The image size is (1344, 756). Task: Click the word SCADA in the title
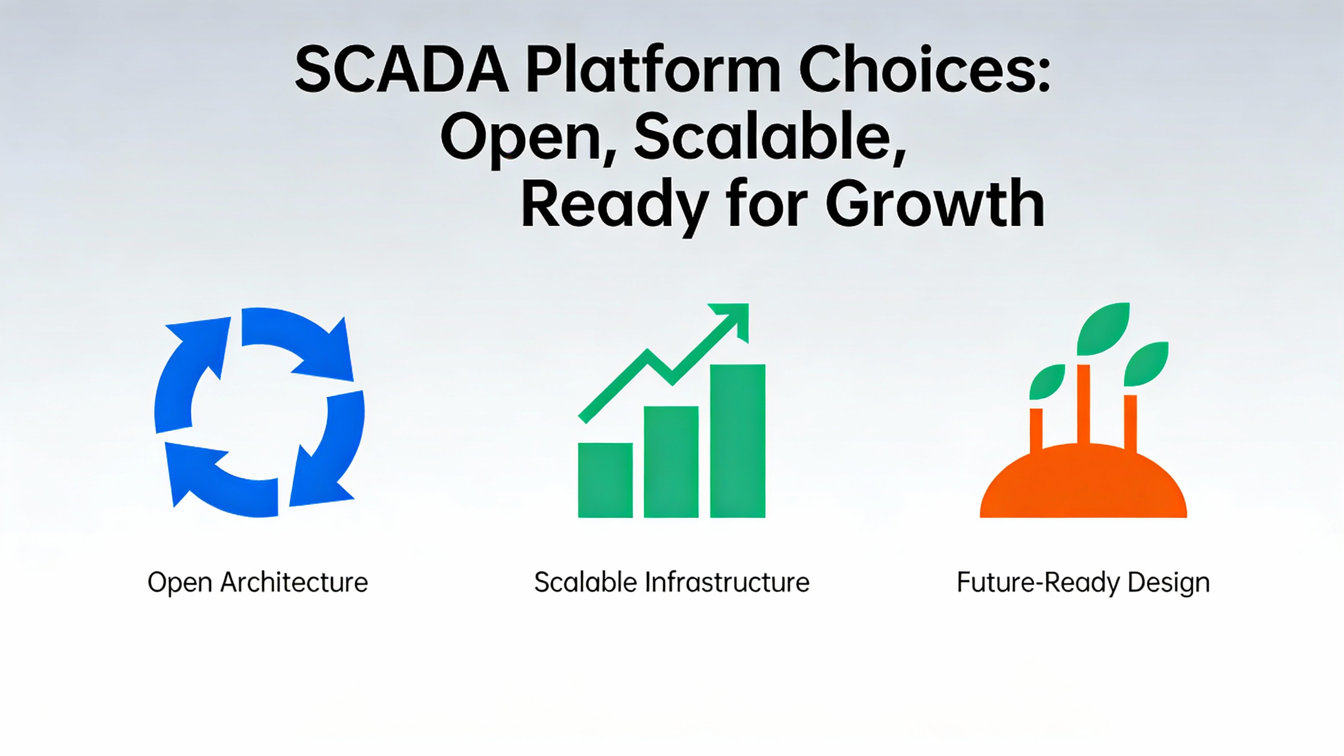point(402,69)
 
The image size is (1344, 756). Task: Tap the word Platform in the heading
point(653,69)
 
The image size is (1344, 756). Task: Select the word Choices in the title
point(925,69)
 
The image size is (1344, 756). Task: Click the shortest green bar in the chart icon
point(605,480)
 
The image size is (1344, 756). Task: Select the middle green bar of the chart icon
point(671,462)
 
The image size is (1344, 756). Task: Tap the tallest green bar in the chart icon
point(738,441)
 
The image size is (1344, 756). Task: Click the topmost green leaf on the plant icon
point(1103,328)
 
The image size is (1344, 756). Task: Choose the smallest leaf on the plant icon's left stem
point(1047,382)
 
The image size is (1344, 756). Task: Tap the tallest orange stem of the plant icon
point(1083,405)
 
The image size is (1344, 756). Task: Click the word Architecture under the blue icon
point(294,582)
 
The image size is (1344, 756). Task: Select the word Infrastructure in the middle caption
point(727,582)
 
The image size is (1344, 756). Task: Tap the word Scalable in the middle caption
point(585,582)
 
